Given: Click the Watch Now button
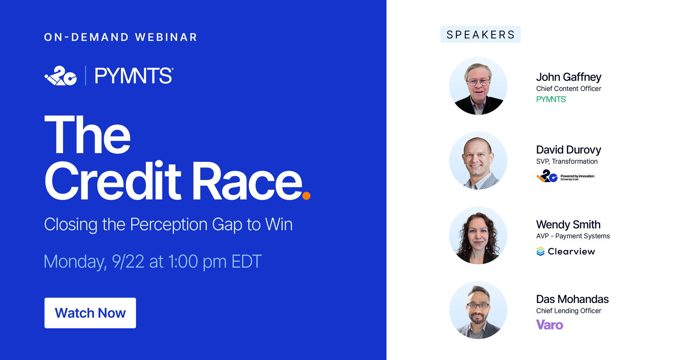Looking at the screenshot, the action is (x=90, y=313).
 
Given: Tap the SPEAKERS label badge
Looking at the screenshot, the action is (x=481, y=34).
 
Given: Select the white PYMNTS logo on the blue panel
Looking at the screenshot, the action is (x=134, y=76).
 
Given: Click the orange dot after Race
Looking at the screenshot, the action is (x=306, y=196).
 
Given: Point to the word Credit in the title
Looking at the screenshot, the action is (x=113, y=180).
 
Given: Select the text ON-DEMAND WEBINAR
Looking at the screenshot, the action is (x=121, y=37).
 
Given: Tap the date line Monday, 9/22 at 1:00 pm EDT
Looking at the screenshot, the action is (x=152, y=261).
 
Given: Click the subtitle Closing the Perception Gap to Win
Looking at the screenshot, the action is (x=168, y=224).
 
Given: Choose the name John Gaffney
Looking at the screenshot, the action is (x=569, y=77).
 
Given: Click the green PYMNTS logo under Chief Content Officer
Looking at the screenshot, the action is (x=551, y=99).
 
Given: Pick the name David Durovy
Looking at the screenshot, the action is (x=568, y=150).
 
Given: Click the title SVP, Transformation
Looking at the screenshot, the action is (x=567, y=161).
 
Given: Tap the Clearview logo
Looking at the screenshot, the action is (x=566, y=251).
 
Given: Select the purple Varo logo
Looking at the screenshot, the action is (x=549, y=325).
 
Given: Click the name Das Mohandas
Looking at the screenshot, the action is (x=572, y=299).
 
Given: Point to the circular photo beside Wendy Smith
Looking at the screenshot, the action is (x=478, y=236).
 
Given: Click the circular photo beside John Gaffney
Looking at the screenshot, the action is (x=478, y=86).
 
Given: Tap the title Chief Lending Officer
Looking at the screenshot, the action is (x=569, y=311).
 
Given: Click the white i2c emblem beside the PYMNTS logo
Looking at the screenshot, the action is (x=61, y=76).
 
